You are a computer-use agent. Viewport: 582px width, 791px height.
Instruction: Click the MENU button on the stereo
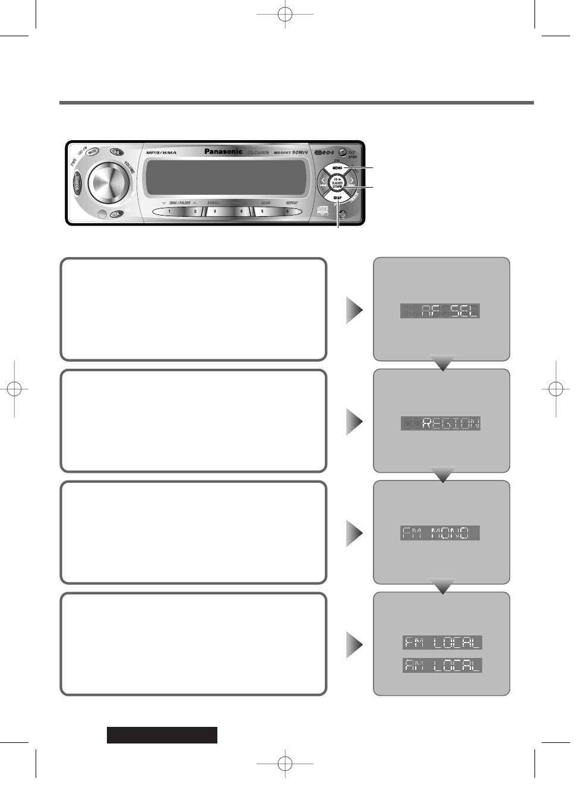[337, 168]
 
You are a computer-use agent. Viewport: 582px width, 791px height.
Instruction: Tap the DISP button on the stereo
[337, 198]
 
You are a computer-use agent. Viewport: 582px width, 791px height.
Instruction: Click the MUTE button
[92, 152]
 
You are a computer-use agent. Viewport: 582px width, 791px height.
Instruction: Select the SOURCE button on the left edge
[77, 183]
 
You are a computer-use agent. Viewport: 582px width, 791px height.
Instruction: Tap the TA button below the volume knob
[117, 214]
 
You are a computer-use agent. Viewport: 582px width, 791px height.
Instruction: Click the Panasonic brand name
[223, 151]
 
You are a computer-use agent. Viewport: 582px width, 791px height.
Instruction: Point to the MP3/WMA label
[162, 153]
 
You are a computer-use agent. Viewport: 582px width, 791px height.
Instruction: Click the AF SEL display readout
[440, 311]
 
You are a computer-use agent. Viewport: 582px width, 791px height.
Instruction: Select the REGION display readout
[441, 423]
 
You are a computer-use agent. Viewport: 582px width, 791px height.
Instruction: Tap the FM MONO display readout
[439, 533]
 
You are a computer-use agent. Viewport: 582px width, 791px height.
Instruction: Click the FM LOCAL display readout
[442, 643]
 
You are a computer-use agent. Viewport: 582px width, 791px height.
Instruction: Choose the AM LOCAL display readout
[442, 666]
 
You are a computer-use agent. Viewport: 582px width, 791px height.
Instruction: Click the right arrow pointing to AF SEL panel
[355, 310]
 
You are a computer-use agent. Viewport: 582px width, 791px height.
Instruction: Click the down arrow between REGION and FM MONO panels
[442, 474]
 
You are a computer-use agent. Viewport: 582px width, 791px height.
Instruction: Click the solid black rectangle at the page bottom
[162, 735]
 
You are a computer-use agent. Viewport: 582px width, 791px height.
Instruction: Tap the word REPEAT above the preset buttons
[292, 203]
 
